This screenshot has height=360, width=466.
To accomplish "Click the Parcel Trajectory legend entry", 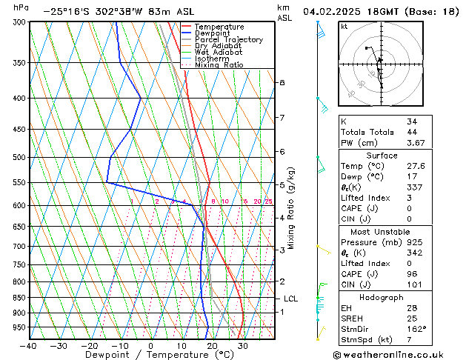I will click(x=228, y=39).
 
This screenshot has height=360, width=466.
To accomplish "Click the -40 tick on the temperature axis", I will click(x=29, y=345).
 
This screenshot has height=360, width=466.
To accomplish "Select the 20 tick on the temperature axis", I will click(x=212, y=345).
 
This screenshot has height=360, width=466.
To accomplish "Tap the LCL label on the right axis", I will click(x=291, y=299).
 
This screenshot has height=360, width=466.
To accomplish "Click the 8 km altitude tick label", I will click(x=282, y=82).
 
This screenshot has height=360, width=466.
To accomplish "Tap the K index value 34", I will click(x=412, y=121).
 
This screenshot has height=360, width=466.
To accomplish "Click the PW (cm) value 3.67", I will click(x=415, y=143).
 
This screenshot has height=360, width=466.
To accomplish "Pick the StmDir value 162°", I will click(x=416, y=329).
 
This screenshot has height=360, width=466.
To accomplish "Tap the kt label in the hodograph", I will click(x=344, y=27).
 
